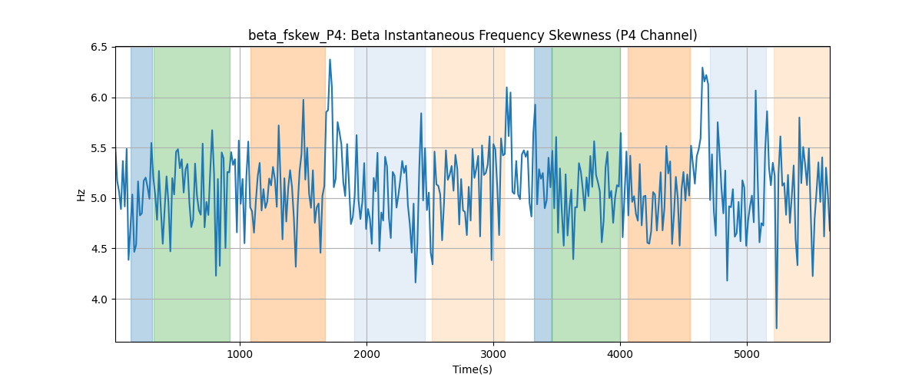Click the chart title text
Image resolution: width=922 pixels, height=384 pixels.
[x=473, y=35]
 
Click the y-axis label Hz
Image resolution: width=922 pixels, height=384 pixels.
[x=81, y=195]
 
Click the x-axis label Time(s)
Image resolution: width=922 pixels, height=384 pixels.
[x=473, y=369]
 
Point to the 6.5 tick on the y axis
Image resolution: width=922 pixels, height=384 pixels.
[x=99, y=48]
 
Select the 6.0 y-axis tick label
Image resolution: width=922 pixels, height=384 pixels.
[x=99, y=98]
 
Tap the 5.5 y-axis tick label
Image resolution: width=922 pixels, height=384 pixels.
[x=99, y=148]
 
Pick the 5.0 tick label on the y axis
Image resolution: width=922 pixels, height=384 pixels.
[x=99, y=198]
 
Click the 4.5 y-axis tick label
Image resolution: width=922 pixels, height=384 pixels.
[x=99, y=249]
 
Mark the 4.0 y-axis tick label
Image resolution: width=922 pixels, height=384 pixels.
[x=99, y=300]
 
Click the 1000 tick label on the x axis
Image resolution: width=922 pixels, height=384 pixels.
[x=240, y=354]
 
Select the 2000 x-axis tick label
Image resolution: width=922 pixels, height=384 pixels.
[x=366, y=354]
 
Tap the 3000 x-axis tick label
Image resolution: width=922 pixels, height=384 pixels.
[x=493, y=354]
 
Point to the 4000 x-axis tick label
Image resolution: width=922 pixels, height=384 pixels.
[x=620, y=354]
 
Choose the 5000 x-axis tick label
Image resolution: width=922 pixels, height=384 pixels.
[x=747, y=354]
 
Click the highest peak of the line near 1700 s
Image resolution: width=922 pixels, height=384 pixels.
[x=330, y=60]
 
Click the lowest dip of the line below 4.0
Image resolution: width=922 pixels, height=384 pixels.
[x=776, y=328]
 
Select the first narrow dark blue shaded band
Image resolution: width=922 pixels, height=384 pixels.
[x=141, y=194]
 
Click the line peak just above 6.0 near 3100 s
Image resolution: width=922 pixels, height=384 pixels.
[x=506, y=88]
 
